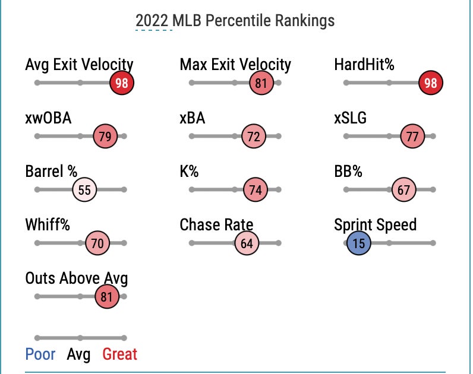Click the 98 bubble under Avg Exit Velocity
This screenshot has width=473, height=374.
[x=122, y=83]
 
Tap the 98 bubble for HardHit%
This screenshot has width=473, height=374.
[x=431, y=83]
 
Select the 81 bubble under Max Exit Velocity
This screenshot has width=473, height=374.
[x=261, y=83]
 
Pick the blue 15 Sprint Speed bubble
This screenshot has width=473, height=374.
[x=359, y=243]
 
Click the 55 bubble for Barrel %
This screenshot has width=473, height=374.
[x=84, y=190]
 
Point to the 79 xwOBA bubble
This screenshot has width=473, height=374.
[x=105, y=137]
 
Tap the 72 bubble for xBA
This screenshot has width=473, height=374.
[x=254, y=137]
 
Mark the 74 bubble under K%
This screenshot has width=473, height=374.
[x=256, y=190]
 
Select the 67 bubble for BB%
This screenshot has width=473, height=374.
[x=404, y=190]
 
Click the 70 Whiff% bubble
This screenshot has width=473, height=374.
[x=97, y=243]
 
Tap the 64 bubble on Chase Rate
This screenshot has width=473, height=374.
[x=247, y=243]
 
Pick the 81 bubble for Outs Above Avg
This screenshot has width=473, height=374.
[x=107, y=297]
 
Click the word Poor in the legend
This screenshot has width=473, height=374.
[x=40, y=354]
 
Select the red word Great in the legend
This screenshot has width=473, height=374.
[x=119, y=354]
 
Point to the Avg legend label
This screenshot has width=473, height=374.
[x=78, y=354]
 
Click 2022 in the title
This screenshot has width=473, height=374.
[x=153, y=21]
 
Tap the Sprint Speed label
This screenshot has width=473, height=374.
[x=375, y=225]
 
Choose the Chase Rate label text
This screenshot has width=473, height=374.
[x=216, y=225]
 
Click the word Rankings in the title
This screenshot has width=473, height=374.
[x=304, y=21]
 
